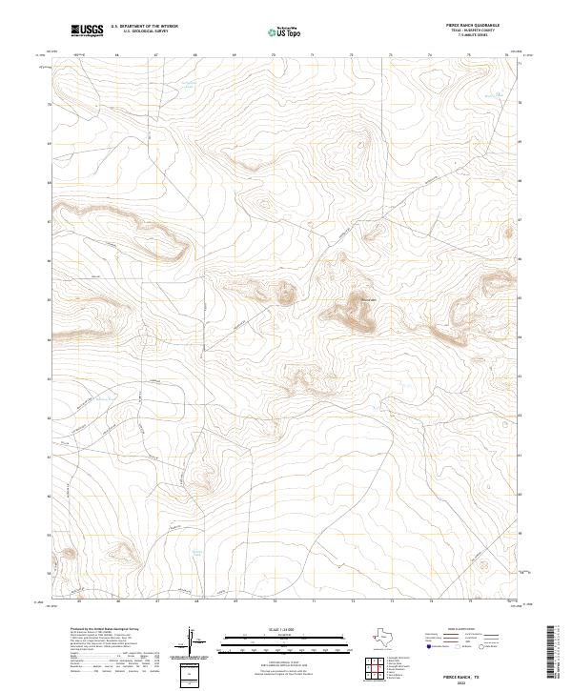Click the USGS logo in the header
87,31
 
